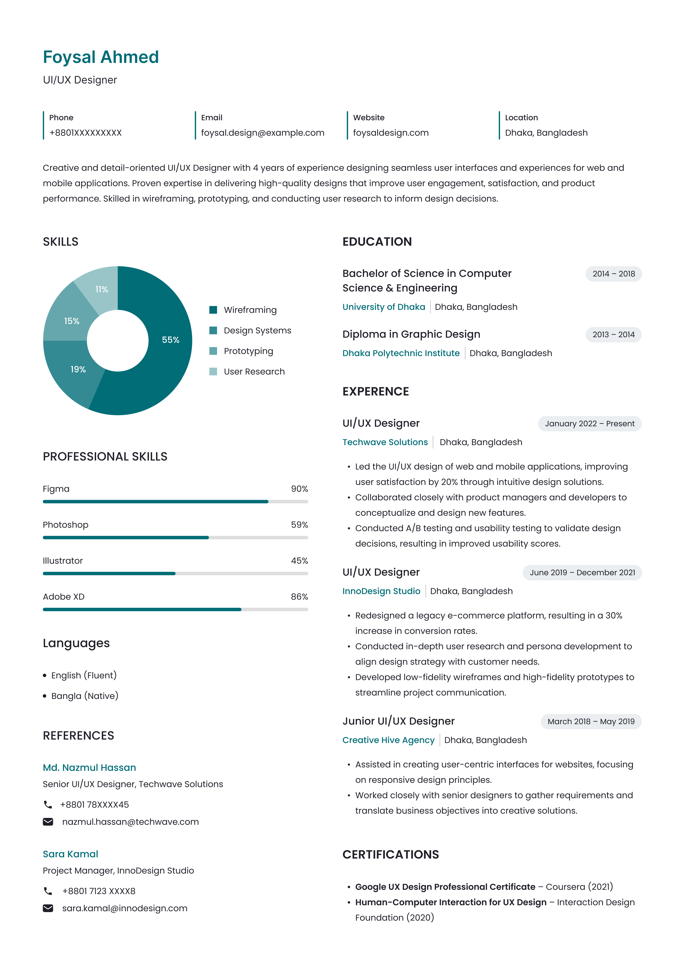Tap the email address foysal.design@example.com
pos(262,133)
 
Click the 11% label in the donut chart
pos(102,290)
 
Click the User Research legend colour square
pos(213,371)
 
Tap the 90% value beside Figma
pos(299,489)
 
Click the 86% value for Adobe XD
pos(299,597)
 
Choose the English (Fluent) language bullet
pos(83,675)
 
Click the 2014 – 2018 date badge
pos(613,274)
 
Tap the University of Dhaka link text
pos(384,307)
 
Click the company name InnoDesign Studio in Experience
pos(381,591)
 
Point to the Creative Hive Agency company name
pos(388,740)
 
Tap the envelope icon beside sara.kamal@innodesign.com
pos(48,908)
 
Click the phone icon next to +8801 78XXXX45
pos(48,805)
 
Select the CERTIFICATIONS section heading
pos(390,855)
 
